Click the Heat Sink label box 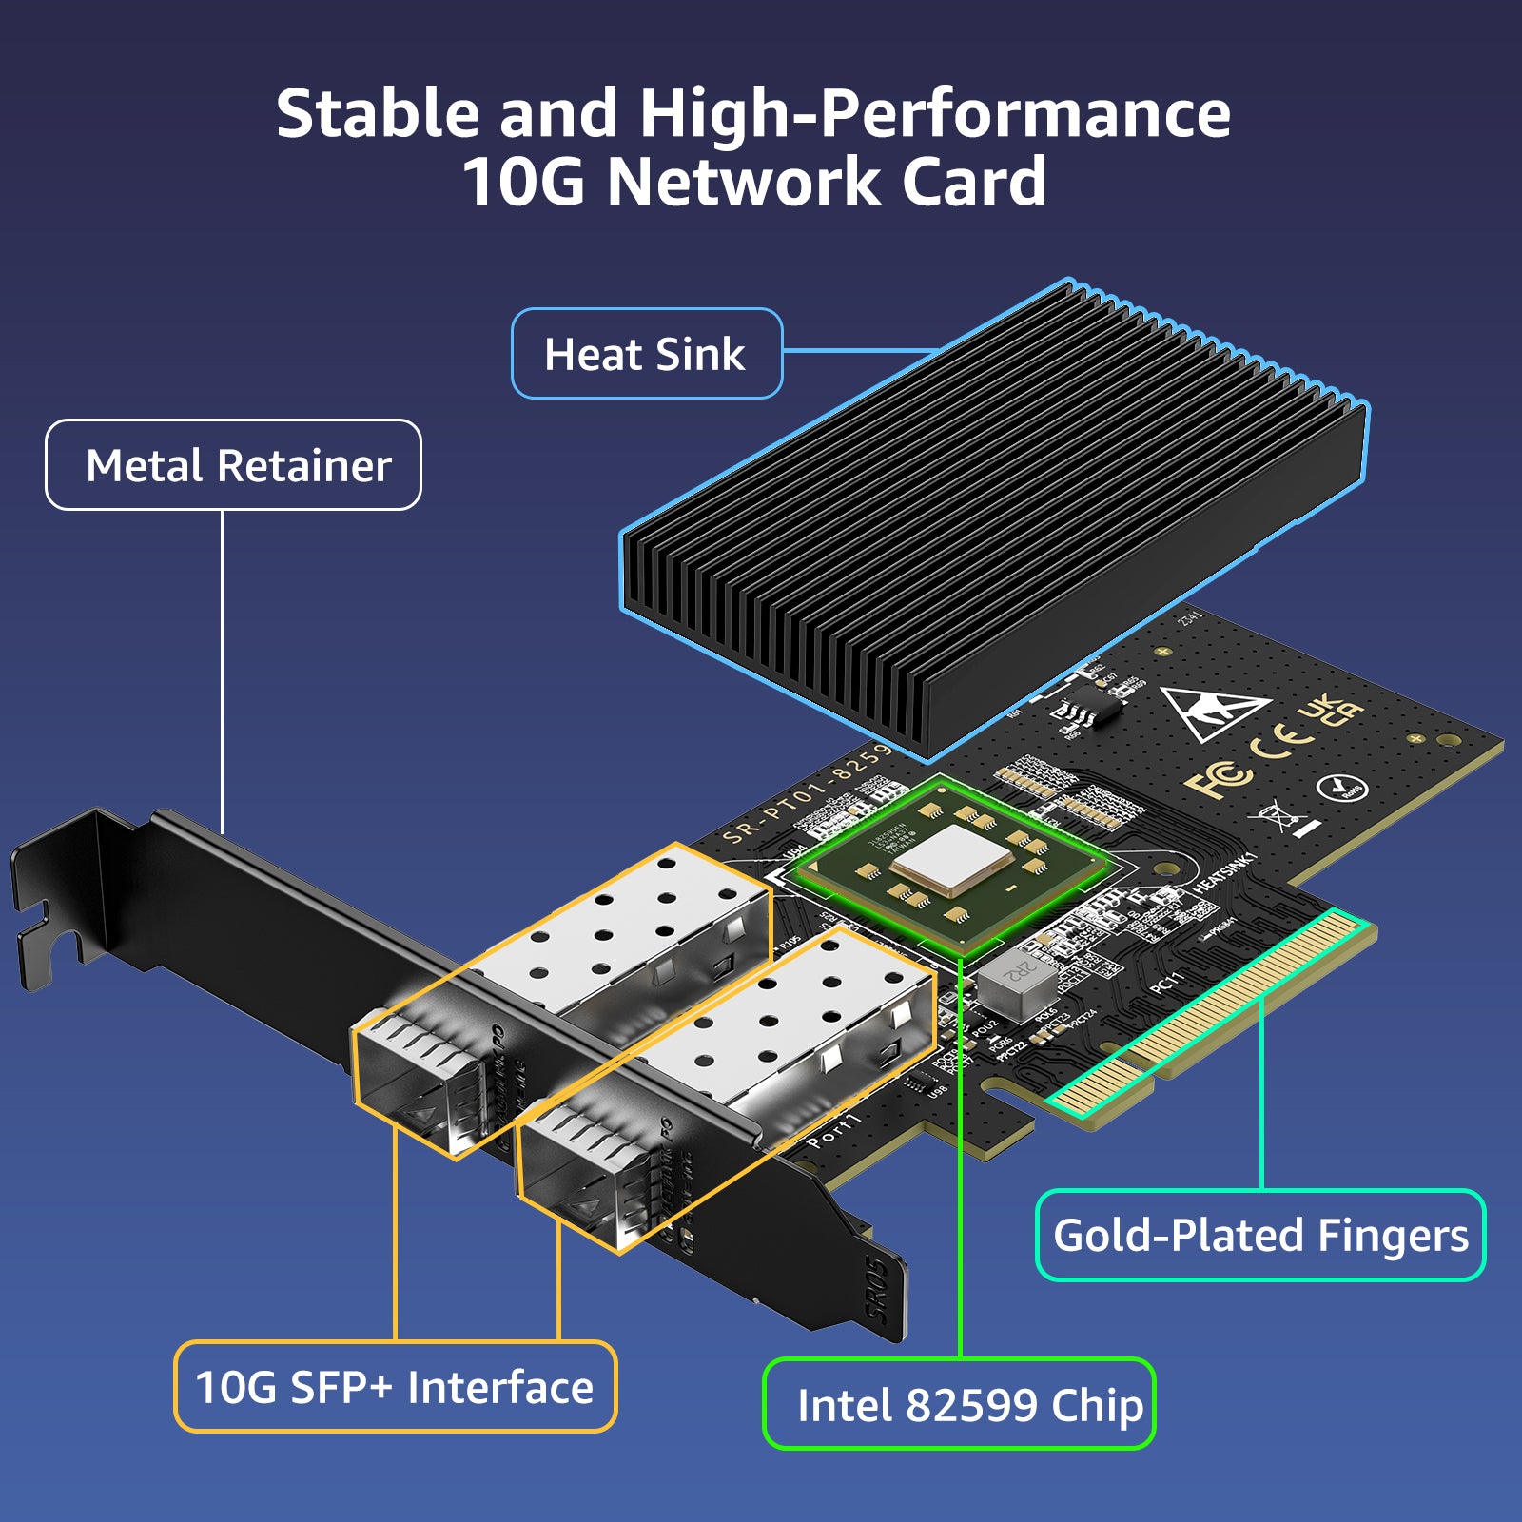[x=646, y=354]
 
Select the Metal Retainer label [x=234, y=465]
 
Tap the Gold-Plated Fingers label [x=1259, y=1235]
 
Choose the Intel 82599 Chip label [x=959, y=1404]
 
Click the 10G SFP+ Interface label [x=395, y=1386]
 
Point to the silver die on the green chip [x=951, y=858]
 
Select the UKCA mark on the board [x=1332, y=711]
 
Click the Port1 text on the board [x=833, y=1128]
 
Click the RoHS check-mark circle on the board [x=1341, y=788]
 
